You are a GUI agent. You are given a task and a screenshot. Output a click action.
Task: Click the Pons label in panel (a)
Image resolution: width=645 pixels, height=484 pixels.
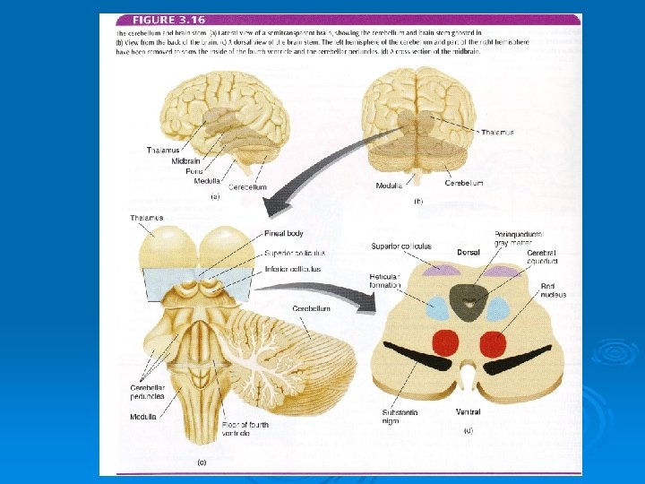194,170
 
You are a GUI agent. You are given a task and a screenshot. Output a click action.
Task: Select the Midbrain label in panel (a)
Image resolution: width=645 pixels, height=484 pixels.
186,160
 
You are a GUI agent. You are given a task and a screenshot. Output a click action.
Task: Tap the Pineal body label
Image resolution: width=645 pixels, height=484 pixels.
284,234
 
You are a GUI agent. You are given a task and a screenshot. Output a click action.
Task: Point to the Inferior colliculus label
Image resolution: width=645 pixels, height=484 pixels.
292,269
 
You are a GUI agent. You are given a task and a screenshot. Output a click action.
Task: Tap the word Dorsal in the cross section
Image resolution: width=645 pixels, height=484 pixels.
469,253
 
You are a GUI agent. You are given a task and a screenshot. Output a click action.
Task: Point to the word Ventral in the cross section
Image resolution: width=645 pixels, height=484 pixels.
468,412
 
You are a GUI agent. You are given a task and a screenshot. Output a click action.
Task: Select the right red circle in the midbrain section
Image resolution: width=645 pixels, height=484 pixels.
493,344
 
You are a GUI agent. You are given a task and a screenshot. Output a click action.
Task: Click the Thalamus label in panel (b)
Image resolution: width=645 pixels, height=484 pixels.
497,133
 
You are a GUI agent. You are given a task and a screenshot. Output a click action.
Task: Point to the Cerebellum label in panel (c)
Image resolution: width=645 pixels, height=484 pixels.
311,308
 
